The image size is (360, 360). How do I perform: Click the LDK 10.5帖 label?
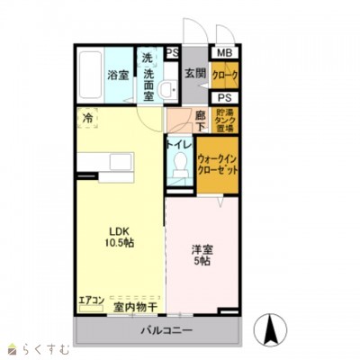(x=117, y=236)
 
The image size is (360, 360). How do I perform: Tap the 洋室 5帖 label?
(x=200, y=254)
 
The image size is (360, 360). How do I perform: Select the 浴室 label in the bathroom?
(x=117, y=76)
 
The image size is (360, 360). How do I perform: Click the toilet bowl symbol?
(x=178, y=165)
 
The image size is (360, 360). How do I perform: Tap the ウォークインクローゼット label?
(x=218, y=163)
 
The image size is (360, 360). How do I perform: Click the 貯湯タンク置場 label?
(x=226, y=120)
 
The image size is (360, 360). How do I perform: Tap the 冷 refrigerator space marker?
(x=87, y=118)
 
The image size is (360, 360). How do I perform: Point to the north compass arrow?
(x=268, y=331)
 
